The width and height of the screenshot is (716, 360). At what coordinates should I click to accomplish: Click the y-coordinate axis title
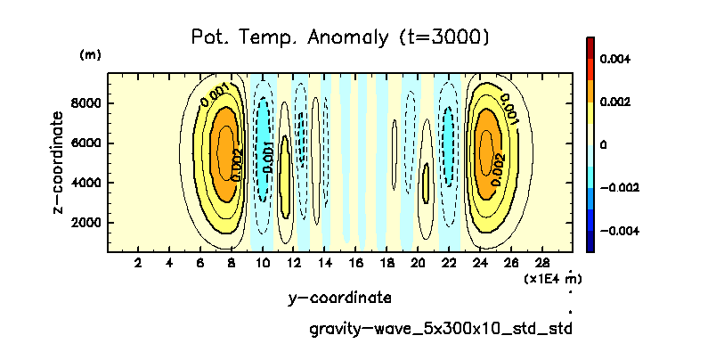tap(340, 298)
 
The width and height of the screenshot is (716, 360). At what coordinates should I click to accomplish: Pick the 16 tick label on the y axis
tap(356, 263)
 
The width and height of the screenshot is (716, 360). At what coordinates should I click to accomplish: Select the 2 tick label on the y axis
tap(137, 263)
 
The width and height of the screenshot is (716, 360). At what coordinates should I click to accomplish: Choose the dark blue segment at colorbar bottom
tap(591, 241)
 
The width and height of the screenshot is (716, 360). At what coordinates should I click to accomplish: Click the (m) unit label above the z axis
tap(90, 55)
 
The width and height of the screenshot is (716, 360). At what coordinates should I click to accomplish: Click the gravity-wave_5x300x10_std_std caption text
tap(440, 329)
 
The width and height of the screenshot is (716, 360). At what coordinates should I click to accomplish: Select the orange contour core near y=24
tap(486, 147)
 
